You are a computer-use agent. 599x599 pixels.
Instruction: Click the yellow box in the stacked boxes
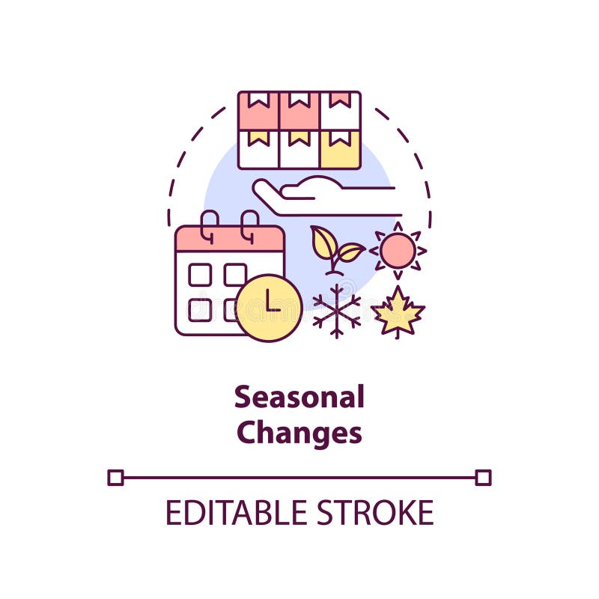coord(340,150)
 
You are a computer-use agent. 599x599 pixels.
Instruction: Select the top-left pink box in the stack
coord(258,111)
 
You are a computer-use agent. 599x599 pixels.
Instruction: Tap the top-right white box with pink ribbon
coord(340,111)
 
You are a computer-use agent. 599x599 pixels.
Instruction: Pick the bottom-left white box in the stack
coord(258,150)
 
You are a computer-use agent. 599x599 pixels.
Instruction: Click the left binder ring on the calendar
coord(210,225)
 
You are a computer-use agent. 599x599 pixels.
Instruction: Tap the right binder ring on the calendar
coord(249,225)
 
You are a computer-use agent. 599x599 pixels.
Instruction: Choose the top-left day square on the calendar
coord(199,275)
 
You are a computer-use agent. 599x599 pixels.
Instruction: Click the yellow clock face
coord(269,308)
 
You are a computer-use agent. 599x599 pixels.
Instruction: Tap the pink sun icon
coord(398,250)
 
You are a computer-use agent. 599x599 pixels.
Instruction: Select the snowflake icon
coord(336,310)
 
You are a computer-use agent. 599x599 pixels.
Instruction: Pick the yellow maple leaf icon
coord(398,311)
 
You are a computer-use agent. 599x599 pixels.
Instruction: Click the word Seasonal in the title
coord(299,398)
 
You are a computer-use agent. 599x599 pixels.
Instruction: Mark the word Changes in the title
coord(299,434)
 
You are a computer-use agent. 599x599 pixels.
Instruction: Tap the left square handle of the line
coord(115,477)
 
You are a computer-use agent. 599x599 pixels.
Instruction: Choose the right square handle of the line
coord(483,477)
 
